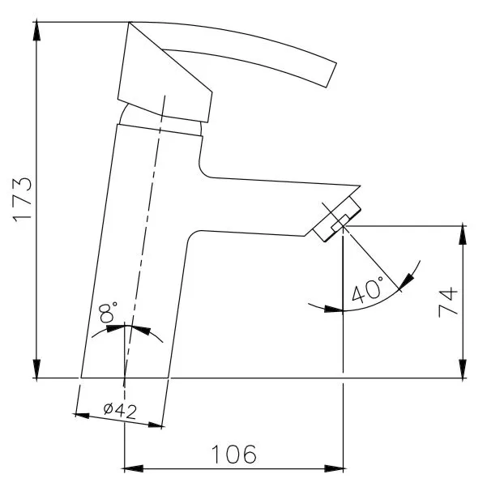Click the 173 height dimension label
pyautogui.click(x=23, y=199)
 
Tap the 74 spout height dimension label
pyautogui.click(x=448, y=302)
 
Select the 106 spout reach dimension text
pyautogui.click(x=234, y=455)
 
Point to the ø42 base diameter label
pyautogui.click(x=120, y=411)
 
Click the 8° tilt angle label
pyautogui.click(x=108, y=311)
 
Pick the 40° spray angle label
pyautogui.click(x=367, y=290)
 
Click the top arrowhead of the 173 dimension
pyautogui.click(x=36, y=31)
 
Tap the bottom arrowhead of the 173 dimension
pyautogui.click(x=36, y=370)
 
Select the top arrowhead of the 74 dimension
pyautogui.click(x=463, y=234)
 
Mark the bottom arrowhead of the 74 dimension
pyautogui.click(x=463, y=370)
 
